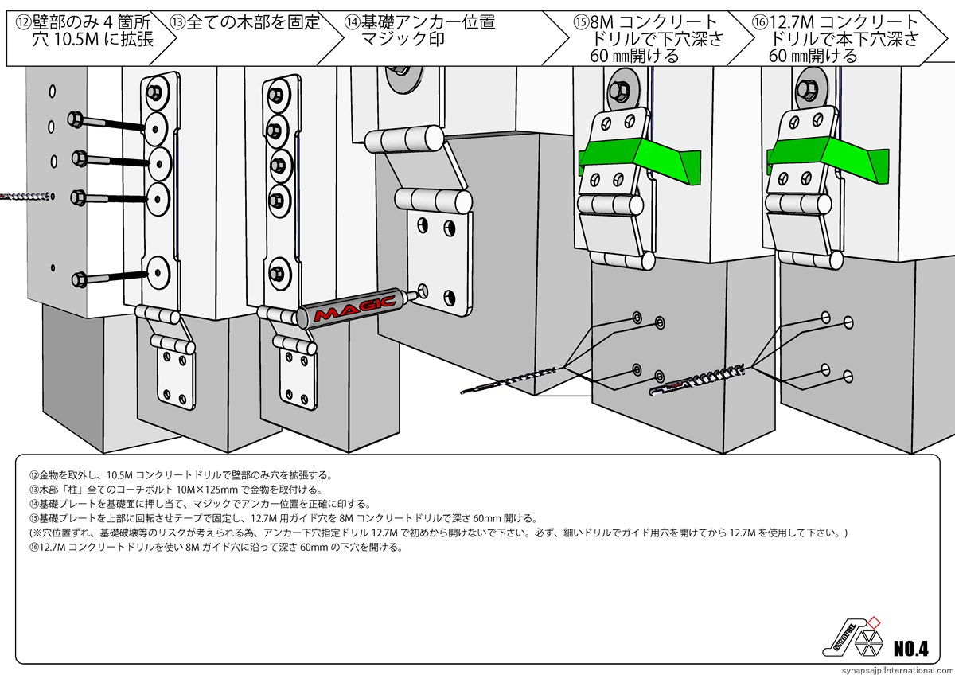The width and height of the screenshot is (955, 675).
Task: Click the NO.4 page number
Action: click(x=910, y=646)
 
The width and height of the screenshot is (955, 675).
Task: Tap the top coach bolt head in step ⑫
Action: click(x=76, y=119)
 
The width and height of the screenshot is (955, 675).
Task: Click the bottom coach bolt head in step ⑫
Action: click(x=78, y=279)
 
